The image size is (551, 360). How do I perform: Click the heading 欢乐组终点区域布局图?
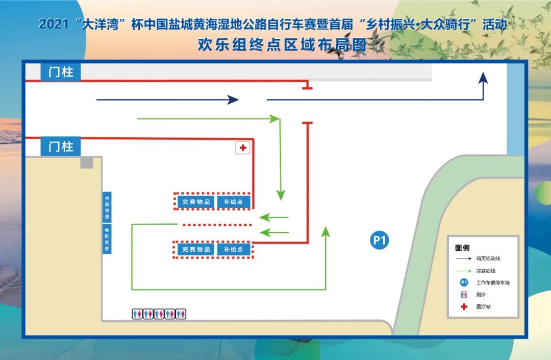(282, 45)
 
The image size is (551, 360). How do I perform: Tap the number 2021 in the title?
(53, 25)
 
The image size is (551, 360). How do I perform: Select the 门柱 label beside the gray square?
(61, 147)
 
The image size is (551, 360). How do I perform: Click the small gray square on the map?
(87, 162)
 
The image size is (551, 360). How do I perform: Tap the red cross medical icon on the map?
(243, 148)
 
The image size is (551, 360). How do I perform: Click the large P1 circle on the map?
(379, 240)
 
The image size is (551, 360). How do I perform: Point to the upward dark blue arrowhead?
(483, 78)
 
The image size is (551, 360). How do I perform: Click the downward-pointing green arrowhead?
(281, 195)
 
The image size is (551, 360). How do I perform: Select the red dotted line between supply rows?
(217, 225)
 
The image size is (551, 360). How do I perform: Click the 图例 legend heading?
(462, 248)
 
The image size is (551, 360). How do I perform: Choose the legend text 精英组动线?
(488, 259)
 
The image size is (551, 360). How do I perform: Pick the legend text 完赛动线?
(486, 271)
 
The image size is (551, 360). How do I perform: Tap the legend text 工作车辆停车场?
(493, 283)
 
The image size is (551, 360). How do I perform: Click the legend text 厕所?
(481, 295)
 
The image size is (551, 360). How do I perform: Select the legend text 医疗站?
(484, 307)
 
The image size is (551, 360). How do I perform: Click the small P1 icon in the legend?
(464, 282)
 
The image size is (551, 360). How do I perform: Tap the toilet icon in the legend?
(464, 295)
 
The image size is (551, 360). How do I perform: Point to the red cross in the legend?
(464, 307)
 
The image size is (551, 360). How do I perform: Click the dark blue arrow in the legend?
(464, 259)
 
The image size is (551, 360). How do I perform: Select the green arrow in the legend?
(464, 271)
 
